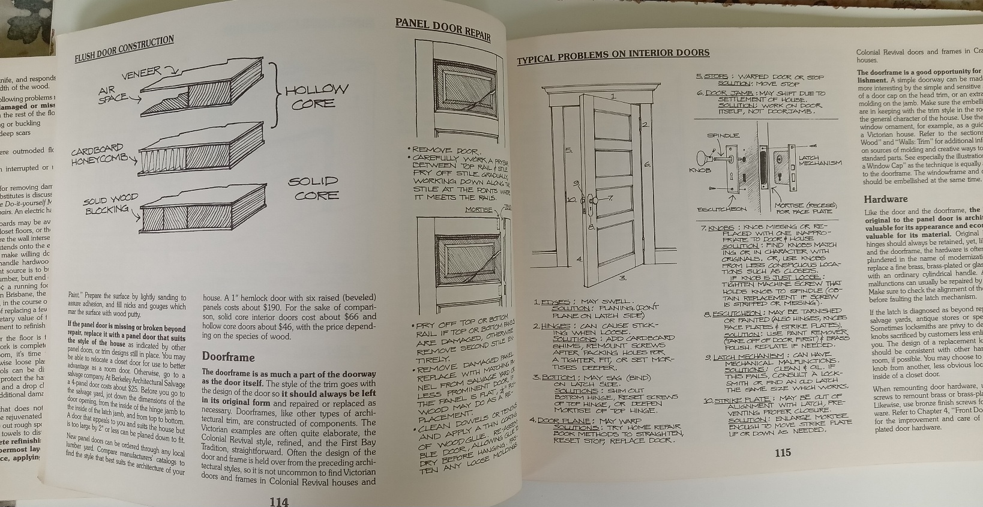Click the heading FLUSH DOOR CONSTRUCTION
pos(124,50)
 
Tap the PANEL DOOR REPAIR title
pos(443,29)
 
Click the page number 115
pos(782,452)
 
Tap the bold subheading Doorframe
pos(228,357)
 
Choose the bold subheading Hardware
pos(885,199)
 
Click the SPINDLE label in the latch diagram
pos(723,136)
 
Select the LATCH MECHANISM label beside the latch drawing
pos(820,160)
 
